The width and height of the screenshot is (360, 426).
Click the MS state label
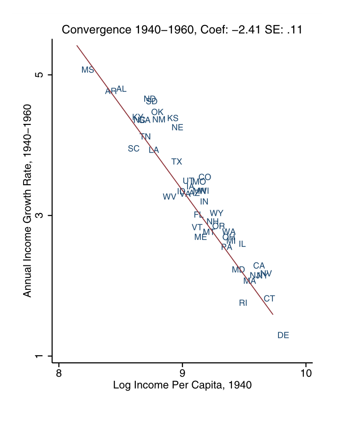tap(88, 70)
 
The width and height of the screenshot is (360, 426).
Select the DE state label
tap(283, 336)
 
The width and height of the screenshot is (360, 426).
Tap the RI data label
tap(243, 303)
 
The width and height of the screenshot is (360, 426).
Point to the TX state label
tap(177, 162)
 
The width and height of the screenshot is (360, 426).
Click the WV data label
tap(169, 197)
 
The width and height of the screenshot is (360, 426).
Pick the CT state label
tap(269, 299)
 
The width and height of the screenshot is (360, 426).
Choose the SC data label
tap(134, 149)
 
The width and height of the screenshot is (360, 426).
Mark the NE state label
tap(177, 128)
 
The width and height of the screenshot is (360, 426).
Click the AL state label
tap(122, 89)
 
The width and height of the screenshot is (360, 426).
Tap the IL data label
tap(242, 244)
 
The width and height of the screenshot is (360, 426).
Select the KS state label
tap(173, 118)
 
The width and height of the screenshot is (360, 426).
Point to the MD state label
tap(238, 270)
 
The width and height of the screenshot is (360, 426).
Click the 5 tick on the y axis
tap(40, 75)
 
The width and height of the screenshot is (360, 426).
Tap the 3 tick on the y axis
tap(40, 215)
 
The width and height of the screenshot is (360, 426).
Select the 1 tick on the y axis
tap(40, 356)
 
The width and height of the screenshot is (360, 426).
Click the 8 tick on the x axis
tap(58, 372)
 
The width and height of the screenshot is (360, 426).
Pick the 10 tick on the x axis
tap(306, 372)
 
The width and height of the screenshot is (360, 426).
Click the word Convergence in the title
tap(92, 30)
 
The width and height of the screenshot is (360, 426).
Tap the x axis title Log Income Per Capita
tap(182, 385)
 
